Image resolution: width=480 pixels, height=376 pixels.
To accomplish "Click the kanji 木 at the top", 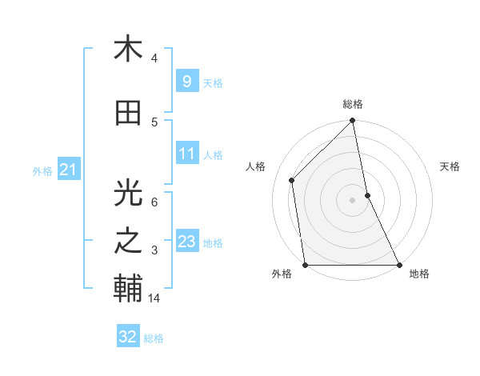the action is point(128,50).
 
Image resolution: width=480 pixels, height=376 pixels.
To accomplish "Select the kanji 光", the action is point(128,193).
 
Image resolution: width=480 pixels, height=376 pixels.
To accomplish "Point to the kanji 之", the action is point(128,242).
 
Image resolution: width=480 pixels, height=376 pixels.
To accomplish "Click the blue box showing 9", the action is point(186,82).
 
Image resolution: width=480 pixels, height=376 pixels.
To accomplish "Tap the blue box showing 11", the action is point(187,154).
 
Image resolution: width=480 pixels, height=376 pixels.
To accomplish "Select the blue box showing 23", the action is point(187,242).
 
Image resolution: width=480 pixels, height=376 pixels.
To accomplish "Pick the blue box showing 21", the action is point(67,170).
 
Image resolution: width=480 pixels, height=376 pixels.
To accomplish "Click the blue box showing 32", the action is point(128,337).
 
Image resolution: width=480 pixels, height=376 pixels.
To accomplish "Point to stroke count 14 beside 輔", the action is point(155,298).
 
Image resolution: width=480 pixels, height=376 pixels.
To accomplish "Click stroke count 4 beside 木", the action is point(154,58).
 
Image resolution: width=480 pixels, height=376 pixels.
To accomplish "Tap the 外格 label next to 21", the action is point(42,170).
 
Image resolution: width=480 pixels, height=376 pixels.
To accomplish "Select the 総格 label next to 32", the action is point(154,338).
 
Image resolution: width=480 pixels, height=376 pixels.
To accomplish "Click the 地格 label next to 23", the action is point(214,242).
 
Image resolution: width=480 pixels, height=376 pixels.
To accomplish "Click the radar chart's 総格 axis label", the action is point(353,104).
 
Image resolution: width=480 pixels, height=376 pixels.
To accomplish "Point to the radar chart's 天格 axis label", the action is point(450,166).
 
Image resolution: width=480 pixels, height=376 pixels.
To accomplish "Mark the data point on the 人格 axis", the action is point(292,180).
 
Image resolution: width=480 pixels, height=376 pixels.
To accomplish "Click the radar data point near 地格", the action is point(398,265).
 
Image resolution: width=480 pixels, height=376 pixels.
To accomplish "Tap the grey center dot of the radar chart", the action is point(353,199).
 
